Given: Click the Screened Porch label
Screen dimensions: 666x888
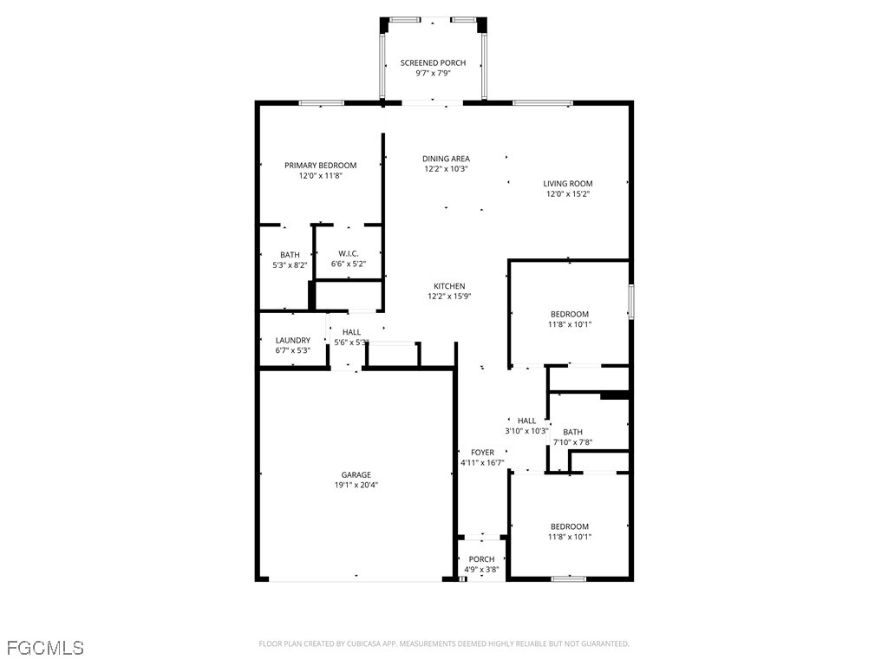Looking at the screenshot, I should (x=433, y=63).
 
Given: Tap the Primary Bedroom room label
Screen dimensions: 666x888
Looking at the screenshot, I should (x=320, y=166).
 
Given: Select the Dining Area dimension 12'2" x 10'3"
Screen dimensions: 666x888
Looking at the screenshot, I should (x=446, y=169).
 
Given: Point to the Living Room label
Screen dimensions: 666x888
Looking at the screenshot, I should (x=568, y=183).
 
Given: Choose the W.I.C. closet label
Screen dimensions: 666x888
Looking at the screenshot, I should (x=349, y=253).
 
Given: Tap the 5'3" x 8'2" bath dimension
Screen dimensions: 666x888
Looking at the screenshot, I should (x=289, y=265).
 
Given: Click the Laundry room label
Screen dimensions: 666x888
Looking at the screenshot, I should (x=292, y=341).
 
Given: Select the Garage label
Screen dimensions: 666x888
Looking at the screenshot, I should (x=356, y=474).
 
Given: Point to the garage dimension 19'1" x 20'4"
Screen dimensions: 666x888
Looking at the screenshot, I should (x=356, y=486).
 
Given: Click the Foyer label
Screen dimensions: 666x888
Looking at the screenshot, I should (x=482, y=453).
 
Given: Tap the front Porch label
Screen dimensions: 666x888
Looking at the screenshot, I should (x=481, y=559).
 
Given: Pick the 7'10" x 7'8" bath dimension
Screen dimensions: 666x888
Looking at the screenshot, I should (x=572, y=442).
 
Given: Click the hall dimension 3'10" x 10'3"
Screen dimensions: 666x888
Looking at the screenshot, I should (x=526, y=431).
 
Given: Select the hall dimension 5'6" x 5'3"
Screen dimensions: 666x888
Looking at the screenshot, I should (x=351, y=343).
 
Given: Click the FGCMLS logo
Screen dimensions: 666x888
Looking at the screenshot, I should (x=45, y=647).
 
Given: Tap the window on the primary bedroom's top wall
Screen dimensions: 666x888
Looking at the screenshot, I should (x=322, y=103).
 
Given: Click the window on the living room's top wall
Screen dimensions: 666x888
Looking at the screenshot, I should (x=542, y=103).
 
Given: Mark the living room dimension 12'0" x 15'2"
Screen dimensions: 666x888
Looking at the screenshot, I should (x=568, y=194).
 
